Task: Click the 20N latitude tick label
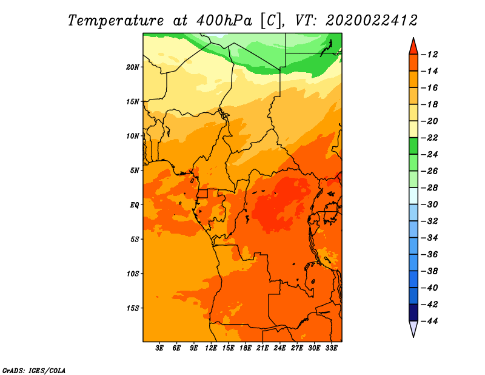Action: click(x=132, y=67)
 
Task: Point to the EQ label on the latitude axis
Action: click(x=134, y=205)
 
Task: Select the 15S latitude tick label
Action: click(x=133, y=308)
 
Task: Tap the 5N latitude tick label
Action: click(x=135, y=171)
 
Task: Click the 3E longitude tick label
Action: click(x=159, y=348)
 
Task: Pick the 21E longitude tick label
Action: click(x=263, y=348)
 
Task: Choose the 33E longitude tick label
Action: click(x=331, y=348)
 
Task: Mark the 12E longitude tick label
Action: click(x=211, y=348)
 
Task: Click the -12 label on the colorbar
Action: click(x=429, y=55)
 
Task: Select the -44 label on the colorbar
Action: click(x=429, y=321)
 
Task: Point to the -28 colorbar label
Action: click(x=429, y=188)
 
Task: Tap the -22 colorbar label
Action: click(x=429, y=138)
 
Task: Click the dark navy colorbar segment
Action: click(x=413, y=312)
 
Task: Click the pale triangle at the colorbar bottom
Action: click(x=413, y=328)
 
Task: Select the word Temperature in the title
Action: click(x=116, y=21)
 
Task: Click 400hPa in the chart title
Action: click(x=224, y=21)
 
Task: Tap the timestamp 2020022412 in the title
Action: click(x=372, y=21)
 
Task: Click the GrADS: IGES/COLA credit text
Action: click(x=34, y=371)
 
